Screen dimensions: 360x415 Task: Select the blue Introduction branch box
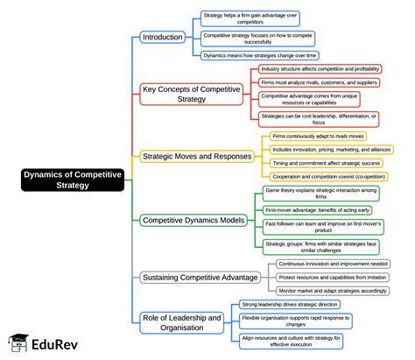pos(163,38)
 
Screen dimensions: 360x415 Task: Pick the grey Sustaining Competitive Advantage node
pos(200,278)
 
